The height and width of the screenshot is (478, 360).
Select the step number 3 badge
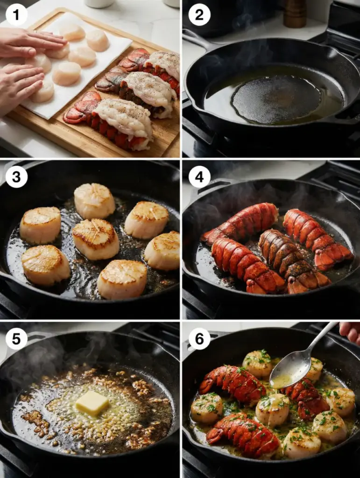click(16, 176)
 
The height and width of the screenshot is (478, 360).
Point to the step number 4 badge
click(199, 176)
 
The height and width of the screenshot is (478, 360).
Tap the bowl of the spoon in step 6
click(290, 369)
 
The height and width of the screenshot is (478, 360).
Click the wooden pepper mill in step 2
click(295, 14)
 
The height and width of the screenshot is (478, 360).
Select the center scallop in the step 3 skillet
click(95, 239)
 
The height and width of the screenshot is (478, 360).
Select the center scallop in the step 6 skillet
click(273, 409)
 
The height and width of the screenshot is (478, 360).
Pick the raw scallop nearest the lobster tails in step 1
click(82, 56)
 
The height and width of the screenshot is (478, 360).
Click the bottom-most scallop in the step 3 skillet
click(122, 279)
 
